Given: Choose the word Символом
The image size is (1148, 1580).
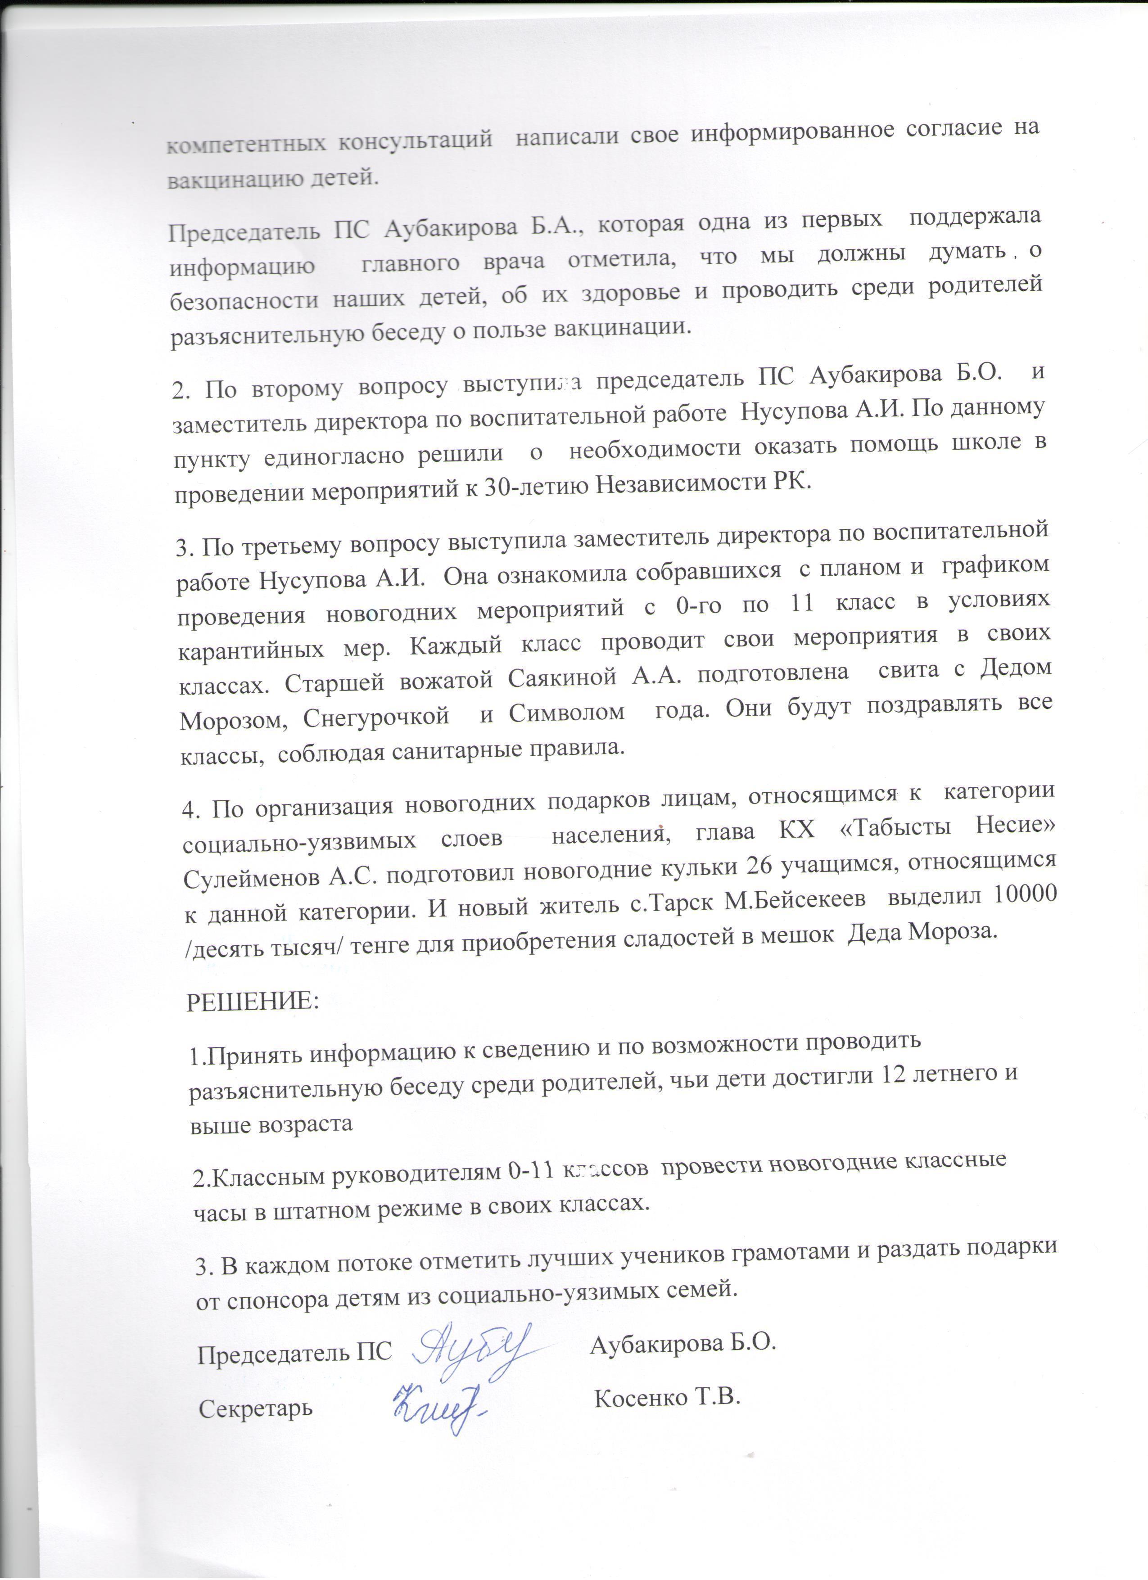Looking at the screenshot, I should (x=566, y=713).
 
